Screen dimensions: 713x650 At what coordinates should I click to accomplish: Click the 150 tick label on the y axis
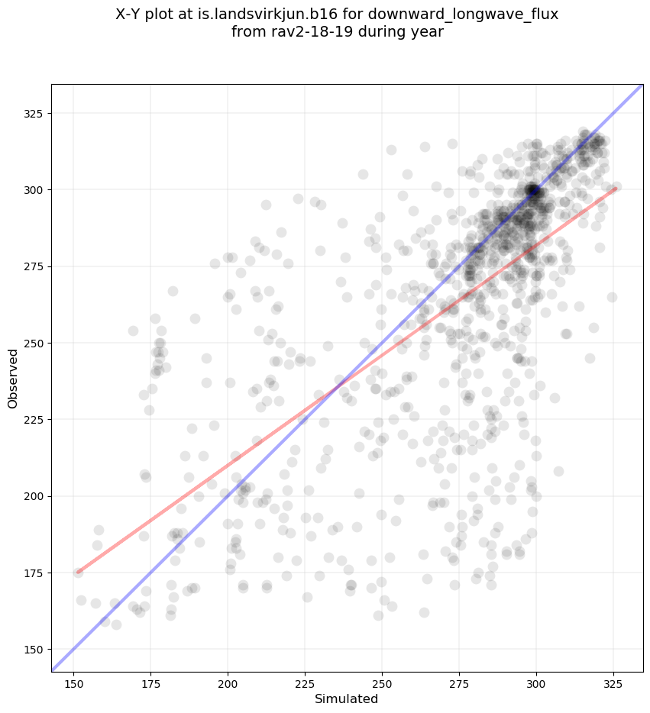pos(35,650)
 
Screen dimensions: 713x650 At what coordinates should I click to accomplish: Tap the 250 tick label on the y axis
pos(35,343)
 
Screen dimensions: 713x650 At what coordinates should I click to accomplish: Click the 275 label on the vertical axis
pos(35,266)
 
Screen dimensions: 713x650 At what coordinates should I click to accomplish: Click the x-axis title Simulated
pos(347,698)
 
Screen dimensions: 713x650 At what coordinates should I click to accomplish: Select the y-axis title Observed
pos(14,378)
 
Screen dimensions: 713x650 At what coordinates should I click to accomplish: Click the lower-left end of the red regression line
pos(78,572)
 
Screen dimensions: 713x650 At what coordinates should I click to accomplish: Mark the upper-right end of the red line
pos(616,188)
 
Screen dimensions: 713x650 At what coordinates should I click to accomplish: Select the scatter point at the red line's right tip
pos(616,186)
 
